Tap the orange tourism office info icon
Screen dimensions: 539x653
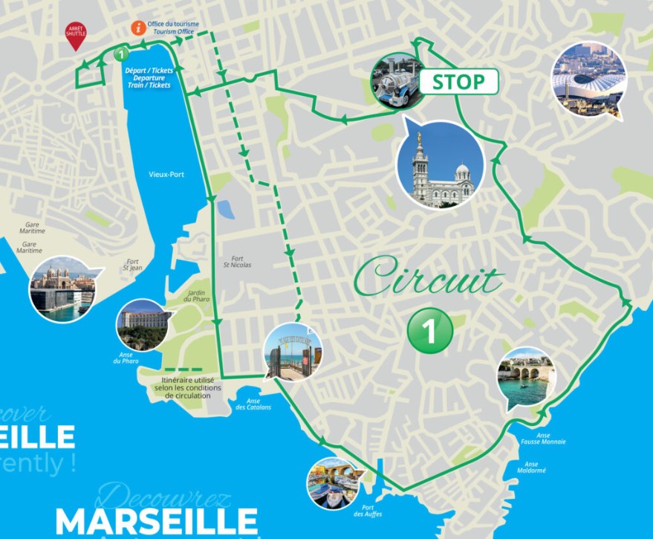coord(137,28)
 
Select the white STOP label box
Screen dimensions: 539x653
coord(458,82)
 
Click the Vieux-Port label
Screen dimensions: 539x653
coord(166,175)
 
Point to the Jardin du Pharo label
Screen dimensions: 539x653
coord(197,295)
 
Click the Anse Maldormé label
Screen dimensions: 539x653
coord(531,466)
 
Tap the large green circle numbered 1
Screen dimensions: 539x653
coord(430,328)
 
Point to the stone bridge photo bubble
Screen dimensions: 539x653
coord(526,377)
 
